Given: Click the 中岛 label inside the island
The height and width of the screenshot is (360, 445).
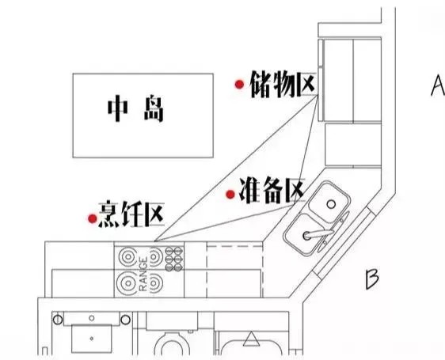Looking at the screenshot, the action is tap(136, 109).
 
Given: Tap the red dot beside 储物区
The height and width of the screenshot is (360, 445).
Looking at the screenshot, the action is tap(240, 84).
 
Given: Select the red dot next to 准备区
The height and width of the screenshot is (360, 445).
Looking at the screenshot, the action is tap(230, 195).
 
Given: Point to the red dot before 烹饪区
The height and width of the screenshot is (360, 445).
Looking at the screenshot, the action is tap(92, 218).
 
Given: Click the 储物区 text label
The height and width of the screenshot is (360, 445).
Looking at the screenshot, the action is tap(283, 85).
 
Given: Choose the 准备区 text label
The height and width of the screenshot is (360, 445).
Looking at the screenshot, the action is tap(272, 191).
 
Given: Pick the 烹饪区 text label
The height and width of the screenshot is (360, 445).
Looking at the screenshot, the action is tap(131, 214).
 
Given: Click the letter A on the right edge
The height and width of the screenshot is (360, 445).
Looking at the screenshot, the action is tap(438, 85).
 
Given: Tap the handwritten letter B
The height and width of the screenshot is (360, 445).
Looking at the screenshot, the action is tap(372, 279).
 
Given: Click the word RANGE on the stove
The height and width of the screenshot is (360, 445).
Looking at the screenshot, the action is tap(143, 274).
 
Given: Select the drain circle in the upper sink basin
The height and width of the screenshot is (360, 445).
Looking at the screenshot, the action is tap(331, 204).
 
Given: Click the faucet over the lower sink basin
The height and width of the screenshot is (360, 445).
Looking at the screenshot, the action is tap(318, 234).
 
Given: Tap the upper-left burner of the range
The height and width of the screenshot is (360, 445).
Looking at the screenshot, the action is tap(128, 256).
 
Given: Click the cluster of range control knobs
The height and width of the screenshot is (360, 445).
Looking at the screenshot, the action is tap(173, 259).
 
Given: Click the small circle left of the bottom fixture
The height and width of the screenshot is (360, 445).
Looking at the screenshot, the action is tap(58, 320).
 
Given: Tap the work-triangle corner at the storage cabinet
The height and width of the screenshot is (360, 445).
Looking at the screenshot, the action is tap(318, 95).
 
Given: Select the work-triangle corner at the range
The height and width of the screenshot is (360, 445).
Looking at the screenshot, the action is tap(154, 241).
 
